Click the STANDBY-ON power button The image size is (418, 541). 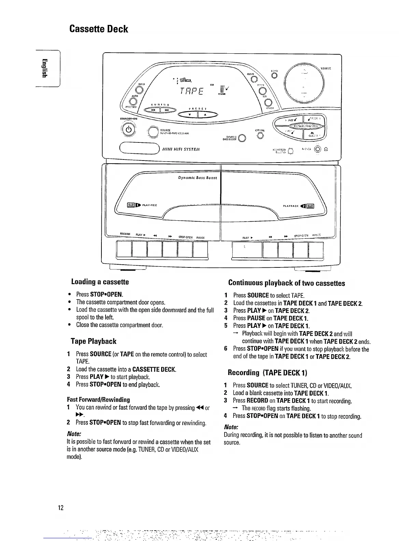coord(128,131)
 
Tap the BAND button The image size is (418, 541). coord(139,90)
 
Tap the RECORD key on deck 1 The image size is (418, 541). coord(124,250)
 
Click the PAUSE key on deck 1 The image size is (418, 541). coord(200,250)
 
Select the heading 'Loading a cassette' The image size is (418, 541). coord(100,282)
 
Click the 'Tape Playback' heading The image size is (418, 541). coord(93,341)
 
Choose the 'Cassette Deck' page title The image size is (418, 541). coord(99,29)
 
